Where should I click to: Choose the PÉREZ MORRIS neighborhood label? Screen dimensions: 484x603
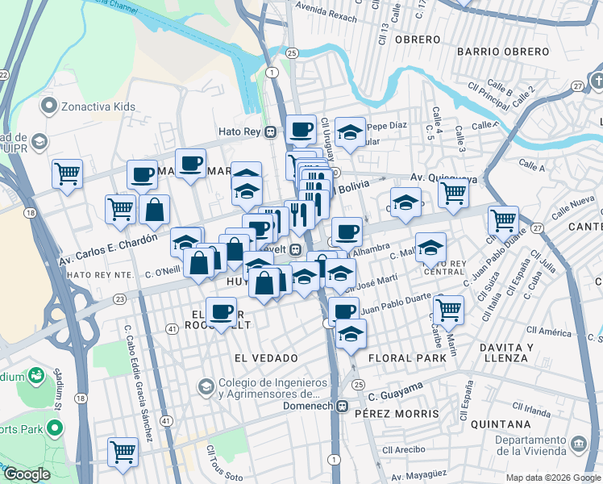396,414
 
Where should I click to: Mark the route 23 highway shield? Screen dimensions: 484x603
119,299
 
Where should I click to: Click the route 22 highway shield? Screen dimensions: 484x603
3,75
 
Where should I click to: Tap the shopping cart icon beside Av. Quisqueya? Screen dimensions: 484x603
454,193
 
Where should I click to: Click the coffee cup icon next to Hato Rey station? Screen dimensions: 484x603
301,130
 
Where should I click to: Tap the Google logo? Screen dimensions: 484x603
27,474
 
